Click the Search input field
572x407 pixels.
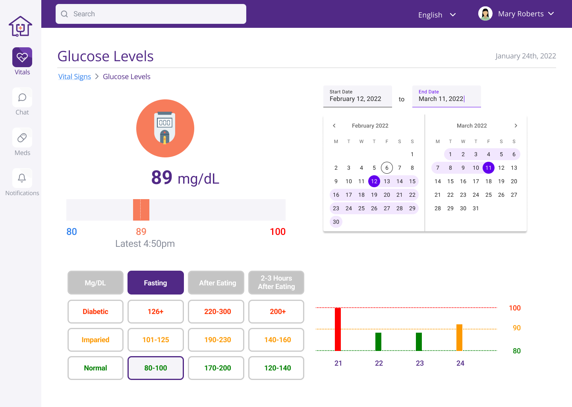[151, 14]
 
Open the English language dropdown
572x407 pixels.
[437, 15]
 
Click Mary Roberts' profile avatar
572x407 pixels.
[485, 14]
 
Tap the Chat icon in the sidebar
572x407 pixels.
[22, 98]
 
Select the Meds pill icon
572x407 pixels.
[22, 138]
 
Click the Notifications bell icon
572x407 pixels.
[22, 178]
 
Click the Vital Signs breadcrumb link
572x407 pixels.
[75, 77]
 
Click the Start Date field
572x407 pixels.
[357, 96]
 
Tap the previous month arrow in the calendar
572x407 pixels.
[334, 126]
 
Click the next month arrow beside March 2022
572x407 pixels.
[516, 126]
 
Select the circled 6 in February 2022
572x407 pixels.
[387, 168]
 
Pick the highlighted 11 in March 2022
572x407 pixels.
[489, 168]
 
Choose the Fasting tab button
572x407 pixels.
[155, 283]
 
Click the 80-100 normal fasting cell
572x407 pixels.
[155, 368]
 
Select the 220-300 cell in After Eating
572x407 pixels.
[217, 312]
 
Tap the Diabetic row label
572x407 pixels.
[95, 312]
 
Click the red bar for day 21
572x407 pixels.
[338, 329]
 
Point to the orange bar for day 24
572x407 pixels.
[459, 337]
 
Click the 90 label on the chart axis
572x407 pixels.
[516, 328]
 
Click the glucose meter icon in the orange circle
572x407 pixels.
[165, 128]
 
